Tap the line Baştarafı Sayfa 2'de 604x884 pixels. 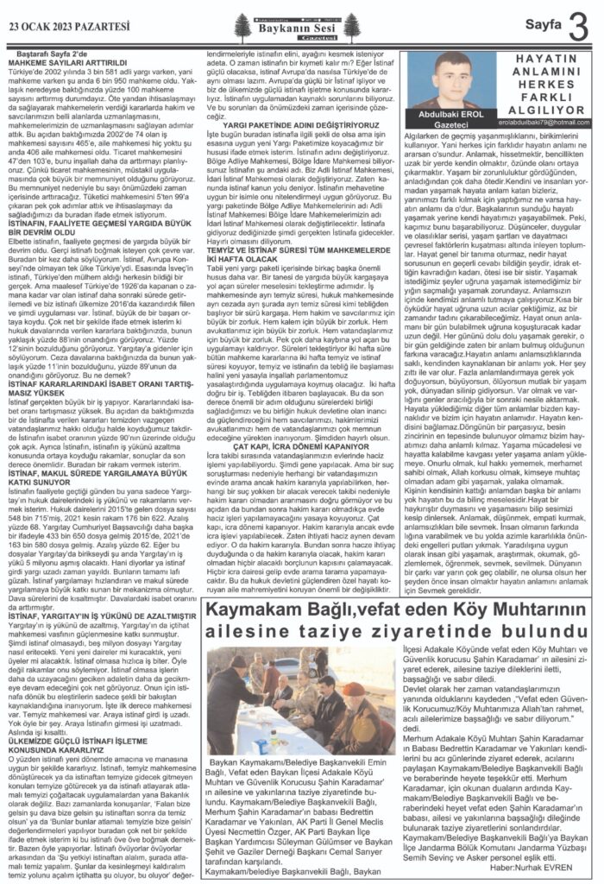pos(56,54)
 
